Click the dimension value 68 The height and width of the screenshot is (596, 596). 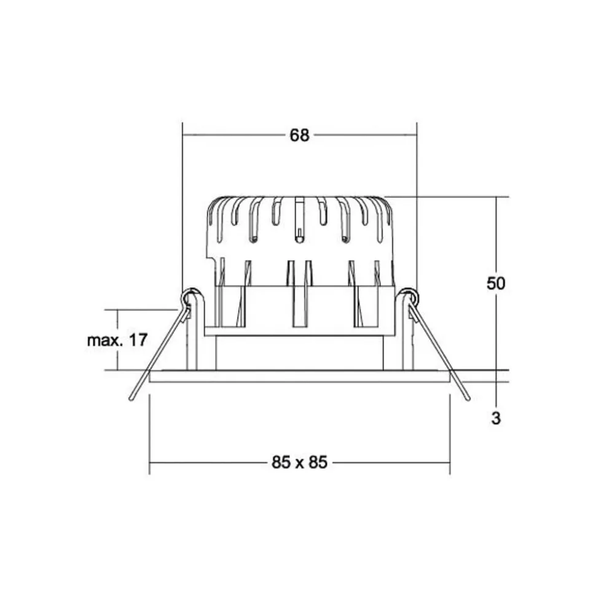tap(299, 135)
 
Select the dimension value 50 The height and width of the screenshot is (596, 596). tap(496, 284)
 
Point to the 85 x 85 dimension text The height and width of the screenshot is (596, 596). tap(299, 462)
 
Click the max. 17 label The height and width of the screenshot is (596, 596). tap(117, 340)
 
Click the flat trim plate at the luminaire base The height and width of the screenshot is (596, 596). tap(299, 376)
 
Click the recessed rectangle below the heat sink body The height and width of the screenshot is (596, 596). tap(299, 353)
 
